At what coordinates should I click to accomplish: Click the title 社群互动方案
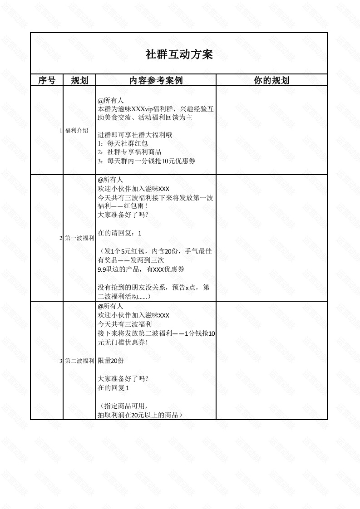click(179, 55)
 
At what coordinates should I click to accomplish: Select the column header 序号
click(46, 81)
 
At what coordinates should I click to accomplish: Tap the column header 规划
click(79, 81)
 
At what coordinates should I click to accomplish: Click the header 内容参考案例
click(156, 81)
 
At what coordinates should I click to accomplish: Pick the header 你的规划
click(271, 81)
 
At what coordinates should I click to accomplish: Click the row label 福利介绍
click(77, 131)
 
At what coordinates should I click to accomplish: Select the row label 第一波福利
click(79, 238)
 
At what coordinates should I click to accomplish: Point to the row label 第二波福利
click(79, 361)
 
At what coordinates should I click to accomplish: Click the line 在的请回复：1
click(120, 233)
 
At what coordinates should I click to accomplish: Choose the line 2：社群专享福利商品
click(129, 152)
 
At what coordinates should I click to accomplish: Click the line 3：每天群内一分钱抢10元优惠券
click(147, 161)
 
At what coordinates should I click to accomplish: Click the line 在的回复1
click(113, 388)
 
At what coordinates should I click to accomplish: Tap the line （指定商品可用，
click(123, 406)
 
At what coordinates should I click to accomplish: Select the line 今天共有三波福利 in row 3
click(124, 324)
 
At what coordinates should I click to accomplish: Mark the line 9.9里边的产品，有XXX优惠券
click(141, 269)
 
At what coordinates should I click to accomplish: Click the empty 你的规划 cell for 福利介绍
click(271, 131)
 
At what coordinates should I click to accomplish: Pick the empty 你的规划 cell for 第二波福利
click(271, 361)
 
